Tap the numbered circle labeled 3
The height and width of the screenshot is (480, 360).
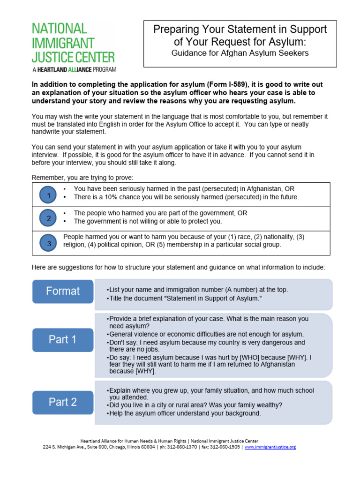click(x=49, y=243)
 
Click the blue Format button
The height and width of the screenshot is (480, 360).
click(x=63, y=291)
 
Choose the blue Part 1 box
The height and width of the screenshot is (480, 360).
click(x=63, y=340)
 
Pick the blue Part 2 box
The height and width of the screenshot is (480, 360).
click(x=63, y=402)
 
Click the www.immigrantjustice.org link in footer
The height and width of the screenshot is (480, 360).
click(x=270, y=447)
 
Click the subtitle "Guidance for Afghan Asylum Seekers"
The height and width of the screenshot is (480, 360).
click(x=240, y=53)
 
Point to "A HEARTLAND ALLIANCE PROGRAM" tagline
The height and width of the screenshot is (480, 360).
click(x=74, y=69)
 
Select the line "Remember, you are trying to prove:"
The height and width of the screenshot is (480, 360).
click(x=82, y=178)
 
